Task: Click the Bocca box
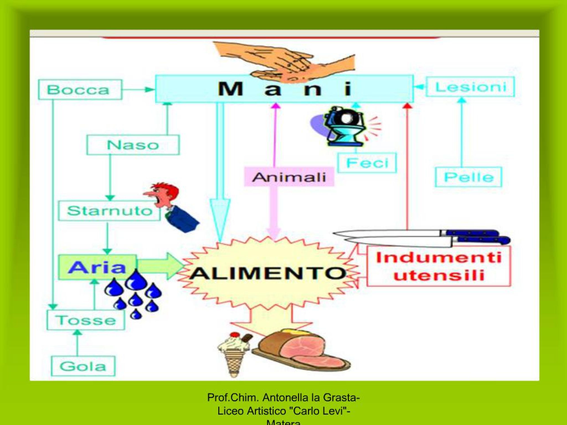80,90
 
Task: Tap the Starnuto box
109,211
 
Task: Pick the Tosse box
86,320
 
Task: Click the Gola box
83,366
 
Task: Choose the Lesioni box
470,87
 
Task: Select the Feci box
367,163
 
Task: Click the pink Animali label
289,177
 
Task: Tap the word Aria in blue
97,267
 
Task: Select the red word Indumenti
439,258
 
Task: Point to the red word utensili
439,276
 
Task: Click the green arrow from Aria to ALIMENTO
160,267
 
